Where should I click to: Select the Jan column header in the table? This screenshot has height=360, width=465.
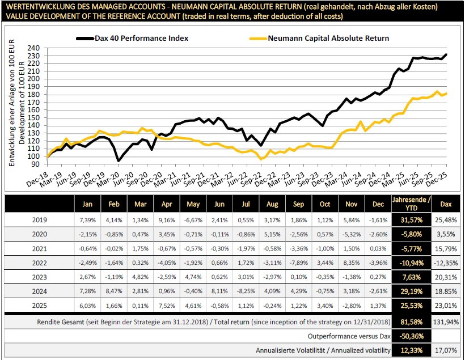click(87, 204)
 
